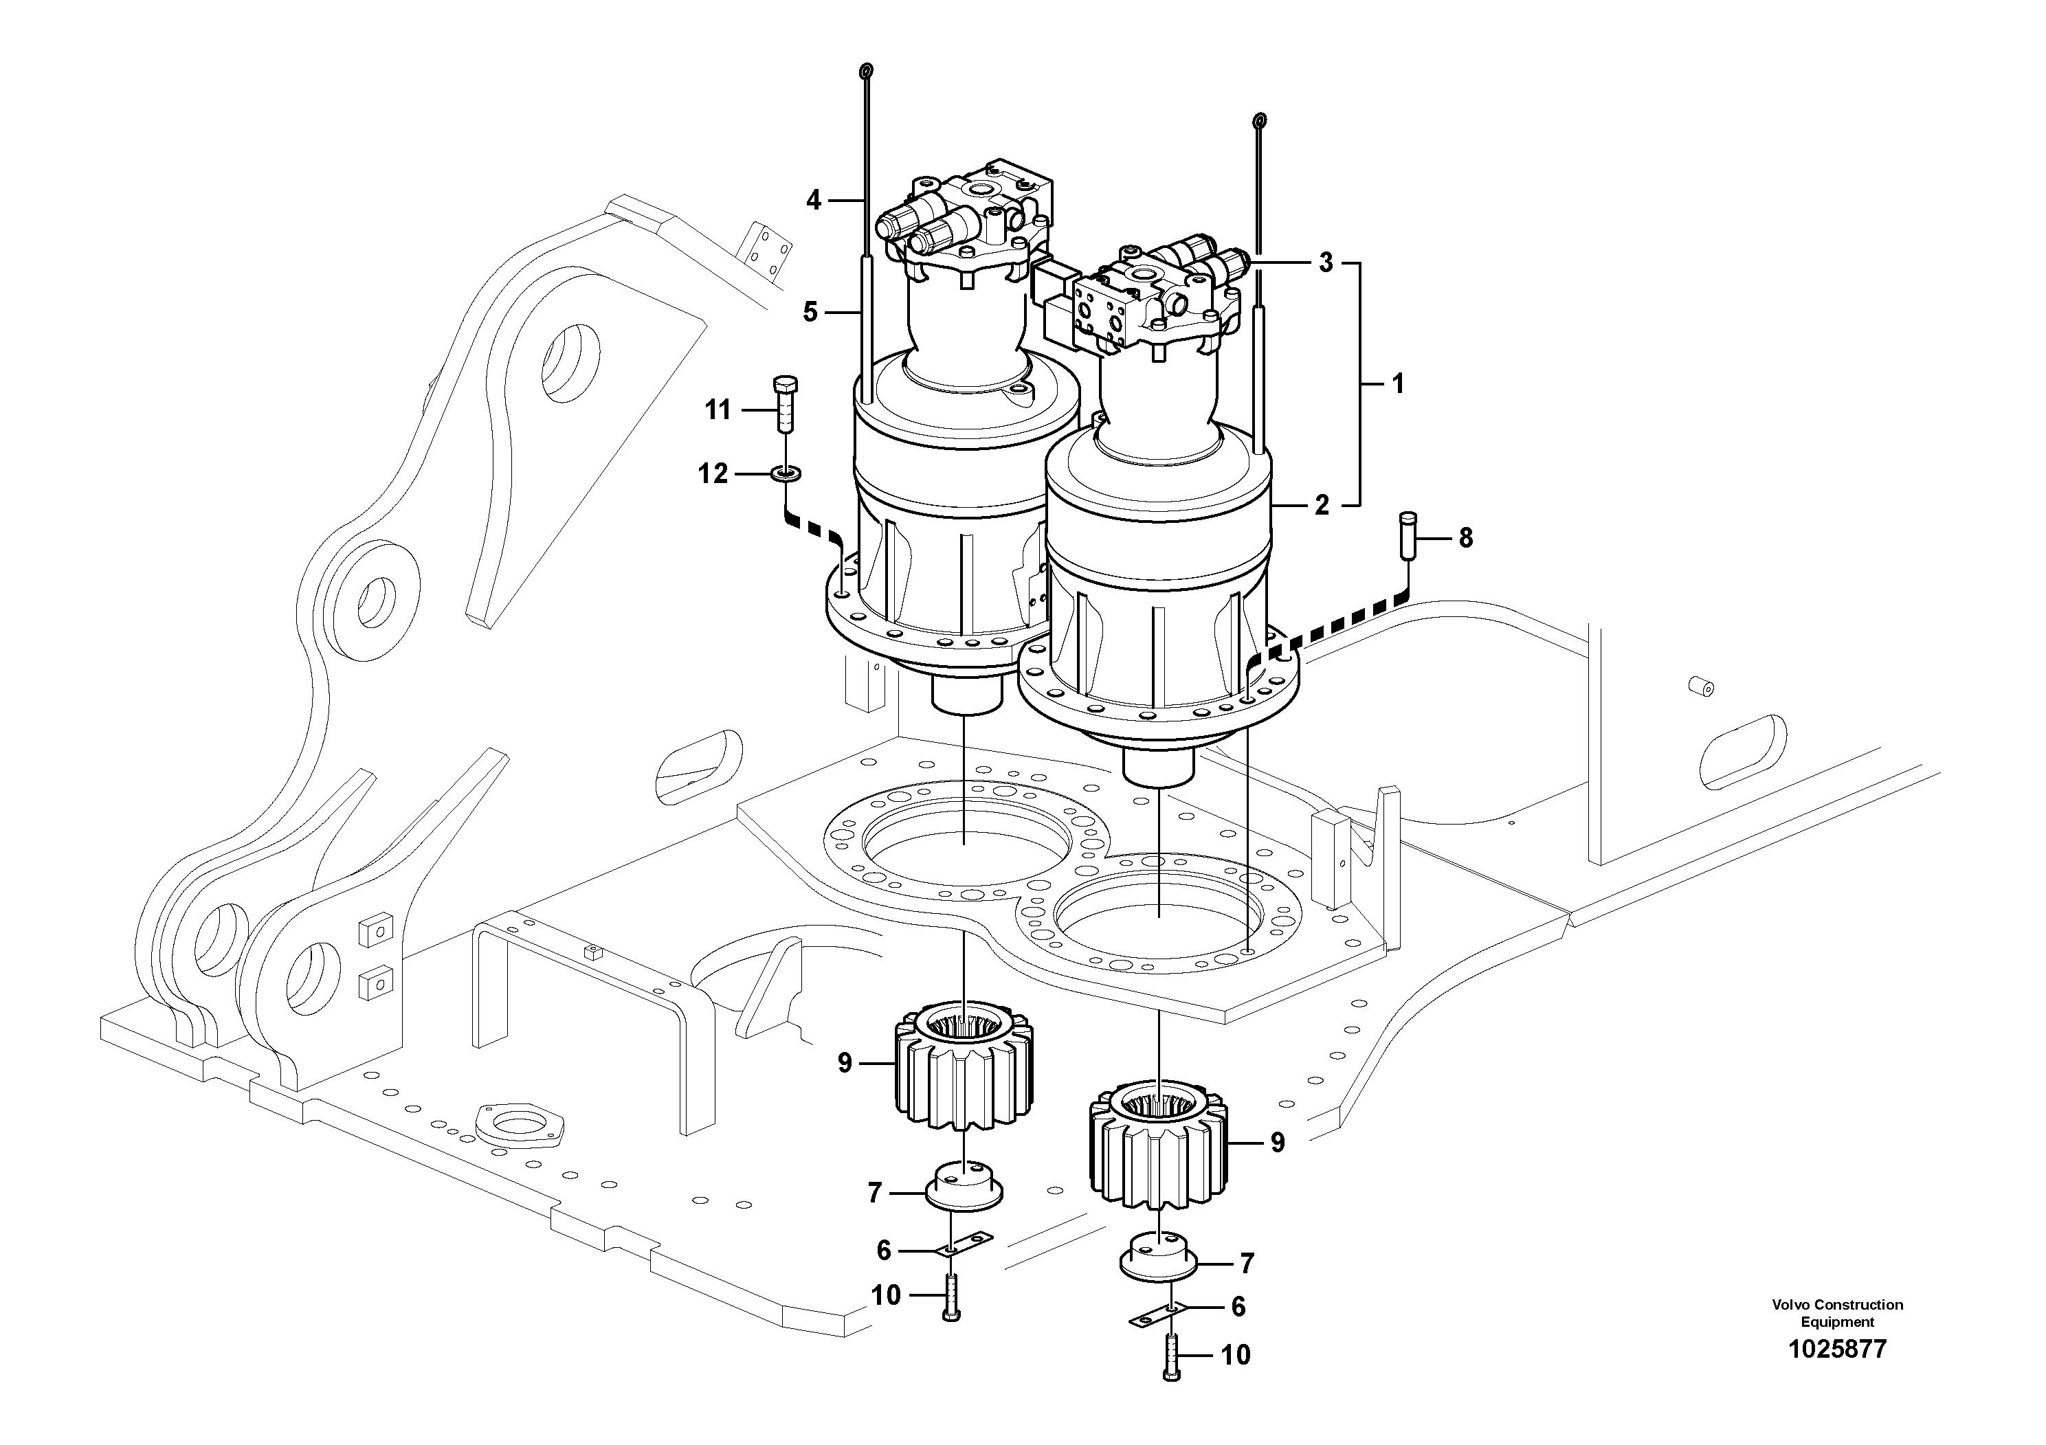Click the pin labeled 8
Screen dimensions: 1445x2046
pyautogui.click(x=1407, y=535)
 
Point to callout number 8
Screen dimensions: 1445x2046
pyautogui.click(x=1465, y=538)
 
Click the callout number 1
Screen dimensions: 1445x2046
pyautogui.click(x=1397, y=384)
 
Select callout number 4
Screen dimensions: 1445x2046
pyautogui.click(x=813, y=201)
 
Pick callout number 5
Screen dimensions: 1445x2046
pyautogui.click(x=810, y=313)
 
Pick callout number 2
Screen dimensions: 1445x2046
pyautogui.click(x=1322, y=505)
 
